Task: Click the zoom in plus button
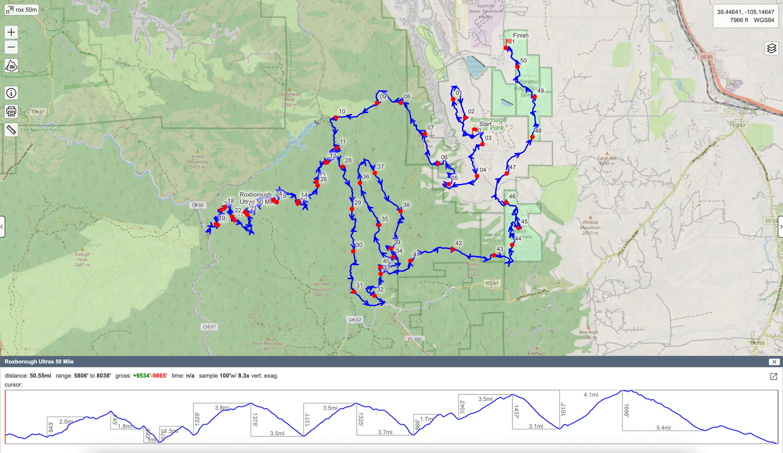pos(11,32)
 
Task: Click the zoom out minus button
pos(11,48)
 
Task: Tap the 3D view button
pos(11,66)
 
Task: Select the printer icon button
pos(11,111)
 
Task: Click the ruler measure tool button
pos(11,130)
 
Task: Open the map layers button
pos(771,48)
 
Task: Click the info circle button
pos(11,93)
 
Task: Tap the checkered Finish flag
pos(509,41)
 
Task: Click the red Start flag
pos(475,130)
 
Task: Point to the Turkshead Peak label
pos(289,99)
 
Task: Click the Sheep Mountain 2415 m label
pos(197,161)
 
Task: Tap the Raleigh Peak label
pos(82,259)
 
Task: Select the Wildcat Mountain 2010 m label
pos(590,227)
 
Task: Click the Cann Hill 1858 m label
pos(607,161)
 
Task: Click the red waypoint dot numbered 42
pos(453,249)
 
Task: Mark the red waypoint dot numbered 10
pos(336,118)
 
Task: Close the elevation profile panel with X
pos(774,362)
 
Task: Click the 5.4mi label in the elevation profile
pos(663,428)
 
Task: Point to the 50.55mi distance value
pos(40,376)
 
